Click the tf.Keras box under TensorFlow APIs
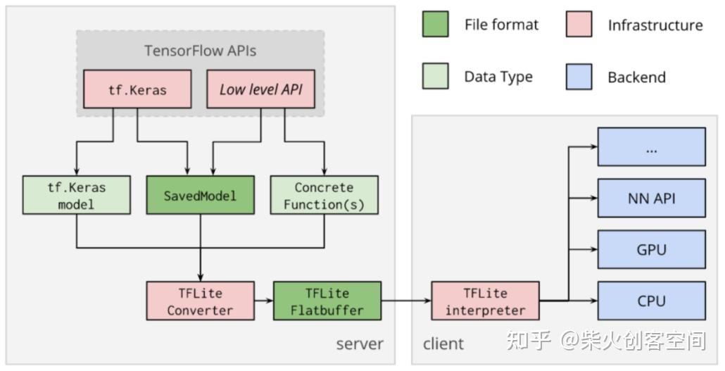pyautogui.click(x=137, y=89)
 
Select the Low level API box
pyautogui.click(x=260, y=89)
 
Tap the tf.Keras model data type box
pyautogui.click(x=76, y=195)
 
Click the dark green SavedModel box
pyautogui.click(x=200, y=195)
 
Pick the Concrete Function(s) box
pyautogui.click(x=324, y=195)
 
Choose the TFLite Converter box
pyautogui.click(x=200, y=301)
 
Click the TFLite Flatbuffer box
pyautogui.click(x=327, y=301)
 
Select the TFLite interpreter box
pyautogui.click(x=485, y=301)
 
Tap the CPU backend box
pyautogui.click(x=651, y=301)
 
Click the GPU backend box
pyautogui.click(x=651, y=249)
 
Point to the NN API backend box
pyautogui.click(x=651, y=198)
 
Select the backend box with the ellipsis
pyautogui.click(x=651, y=146)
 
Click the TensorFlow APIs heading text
pyautogui.click(x=200, y=51)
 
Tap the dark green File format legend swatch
pyautogui.click(x=435, y=25)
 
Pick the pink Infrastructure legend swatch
pyautogui.click(x=579, y=25)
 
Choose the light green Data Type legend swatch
pyautogui.click(x=435, y=77)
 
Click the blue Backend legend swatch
pyautogui.click(x=579, y=77)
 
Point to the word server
pyautogui.click(x=360, y=344)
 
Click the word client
pyautogui.click(x=443, y=344)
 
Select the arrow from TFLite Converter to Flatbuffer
pyautogui.click(x=263, y=301)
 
